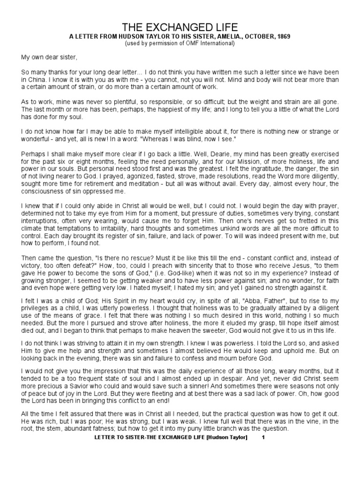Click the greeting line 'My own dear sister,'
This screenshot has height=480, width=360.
point(48,58)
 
